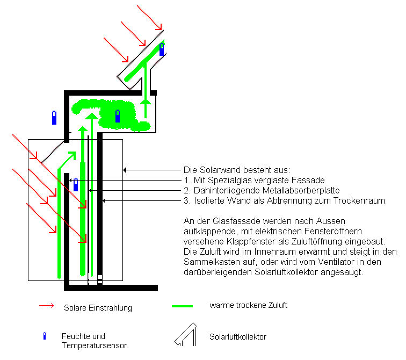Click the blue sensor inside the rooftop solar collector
coord(162,49)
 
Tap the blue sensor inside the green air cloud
coord(118,116)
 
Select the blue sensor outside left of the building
coord(54,118)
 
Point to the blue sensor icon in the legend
coord(45,336)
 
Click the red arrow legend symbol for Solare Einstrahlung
coord(46,306)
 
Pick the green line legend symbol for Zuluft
coord(182,306)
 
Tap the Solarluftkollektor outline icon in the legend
coord(186,335)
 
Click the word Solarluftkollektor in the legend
coord(238,337)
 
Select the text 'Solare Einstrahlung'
coord(98,308)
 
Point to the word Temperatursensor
coord(95,345)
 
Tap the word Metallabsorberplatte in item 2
coord(301,190)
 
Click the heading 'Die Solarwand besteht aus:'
coord(237,170)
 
